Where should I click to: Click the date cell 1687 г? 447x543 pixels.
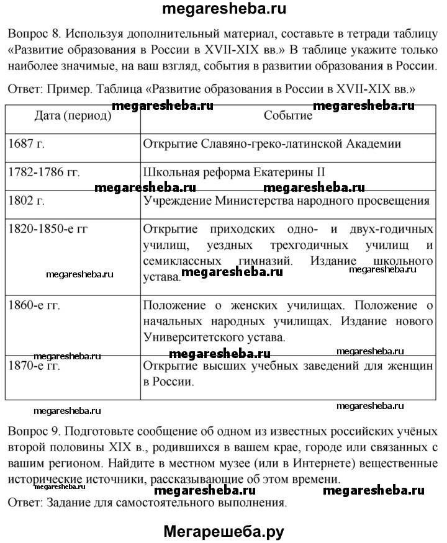click(27, 144)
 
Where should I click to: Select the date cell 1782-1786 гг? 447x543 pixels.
click(45, 173)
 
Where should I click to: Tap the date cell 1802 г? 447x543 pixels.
click(27, 201)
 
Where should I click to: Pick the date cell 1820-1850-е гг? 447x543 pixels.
click(48, 228)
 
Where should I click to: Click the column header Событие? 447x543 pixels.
click(287, 115)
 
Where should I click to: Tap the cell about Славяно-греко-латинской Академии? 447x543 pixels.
click(272, 144)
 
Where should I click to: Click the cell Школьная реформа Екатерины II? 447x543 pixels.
click(234, 173)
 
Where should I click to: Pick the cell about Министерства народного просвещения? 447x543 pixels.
click(286, 201)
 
